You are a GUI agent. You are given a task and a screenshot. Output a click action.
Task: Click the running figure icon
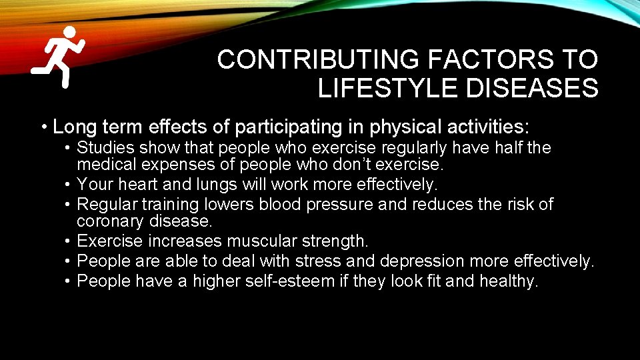click(59, 57)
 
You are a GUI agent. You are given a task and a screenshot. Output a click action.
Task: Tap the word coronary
click(110, 221)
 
